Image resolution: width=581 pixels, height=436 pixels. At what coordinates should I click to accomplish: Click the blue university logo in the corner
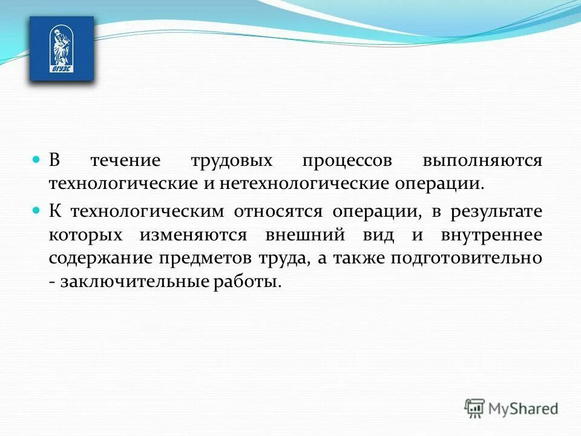[x=62, y=48]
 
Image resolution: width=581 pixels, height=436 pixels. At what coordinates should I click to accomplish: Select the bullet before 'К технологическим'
[x=36, y=211]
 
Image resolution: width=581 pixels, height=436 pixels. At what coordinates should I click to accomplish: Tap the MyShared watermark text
[x=524, y=409]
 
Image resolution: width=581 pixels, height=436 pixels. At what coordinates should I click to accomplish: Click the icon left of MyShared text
[x=475, y=409]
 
